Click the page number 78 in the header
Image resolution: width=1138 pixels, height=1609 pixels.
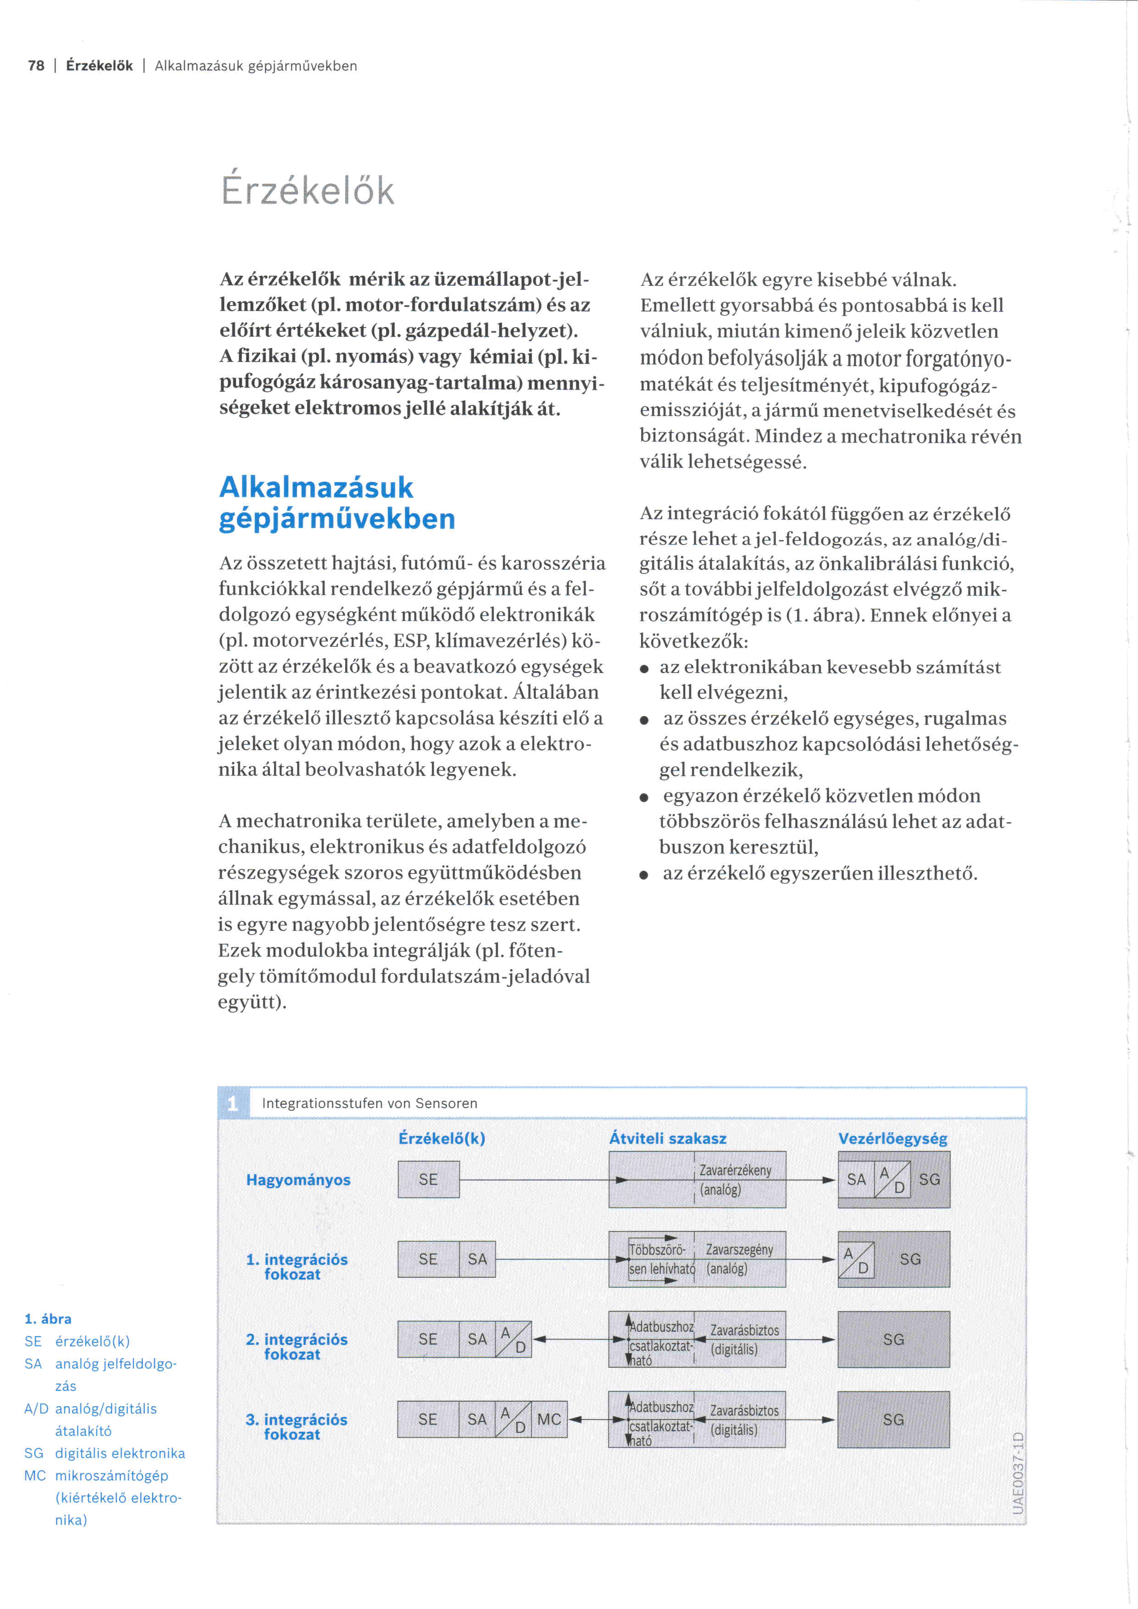click(36, 66)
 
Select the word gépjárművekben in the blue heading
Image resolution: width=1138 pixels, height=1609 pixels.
click(337, 518)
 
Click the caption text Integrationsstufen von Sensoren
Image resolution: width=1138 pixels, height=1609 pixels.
click(369, 1103)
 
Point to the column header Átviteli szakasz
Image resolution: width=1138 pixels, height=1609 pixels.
click(667, 1139)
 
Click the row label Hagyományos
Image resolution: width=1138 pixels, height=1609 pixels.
click(298, 1180)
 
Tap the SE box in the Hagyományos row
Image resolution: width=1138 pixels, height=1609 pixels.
click(428, 1180)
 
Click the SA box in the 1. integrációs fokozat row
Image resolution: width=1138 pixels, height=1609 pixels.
click(477, 1259)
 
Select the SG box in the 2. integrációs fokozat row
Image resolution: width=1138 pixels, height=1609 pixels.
click(893, 1339)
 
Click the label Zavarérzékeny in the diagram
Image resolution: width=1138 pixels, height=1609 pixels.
click(735, 1170)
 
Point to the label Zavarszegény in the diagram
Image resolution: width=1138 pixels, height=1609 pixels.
click(739, 1250)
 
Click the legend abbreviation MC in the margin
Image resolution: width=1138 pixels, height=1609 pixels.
click(34, 1475)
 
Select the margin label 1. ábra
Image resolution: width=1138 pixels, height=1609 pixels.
click(48, 1319)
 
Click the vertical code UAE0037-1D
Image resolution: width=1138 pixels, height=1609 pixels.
click(1018, 1473)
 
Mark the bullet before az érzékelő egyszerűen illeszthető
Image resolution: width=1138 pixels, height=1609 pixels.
click(644, 874)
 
